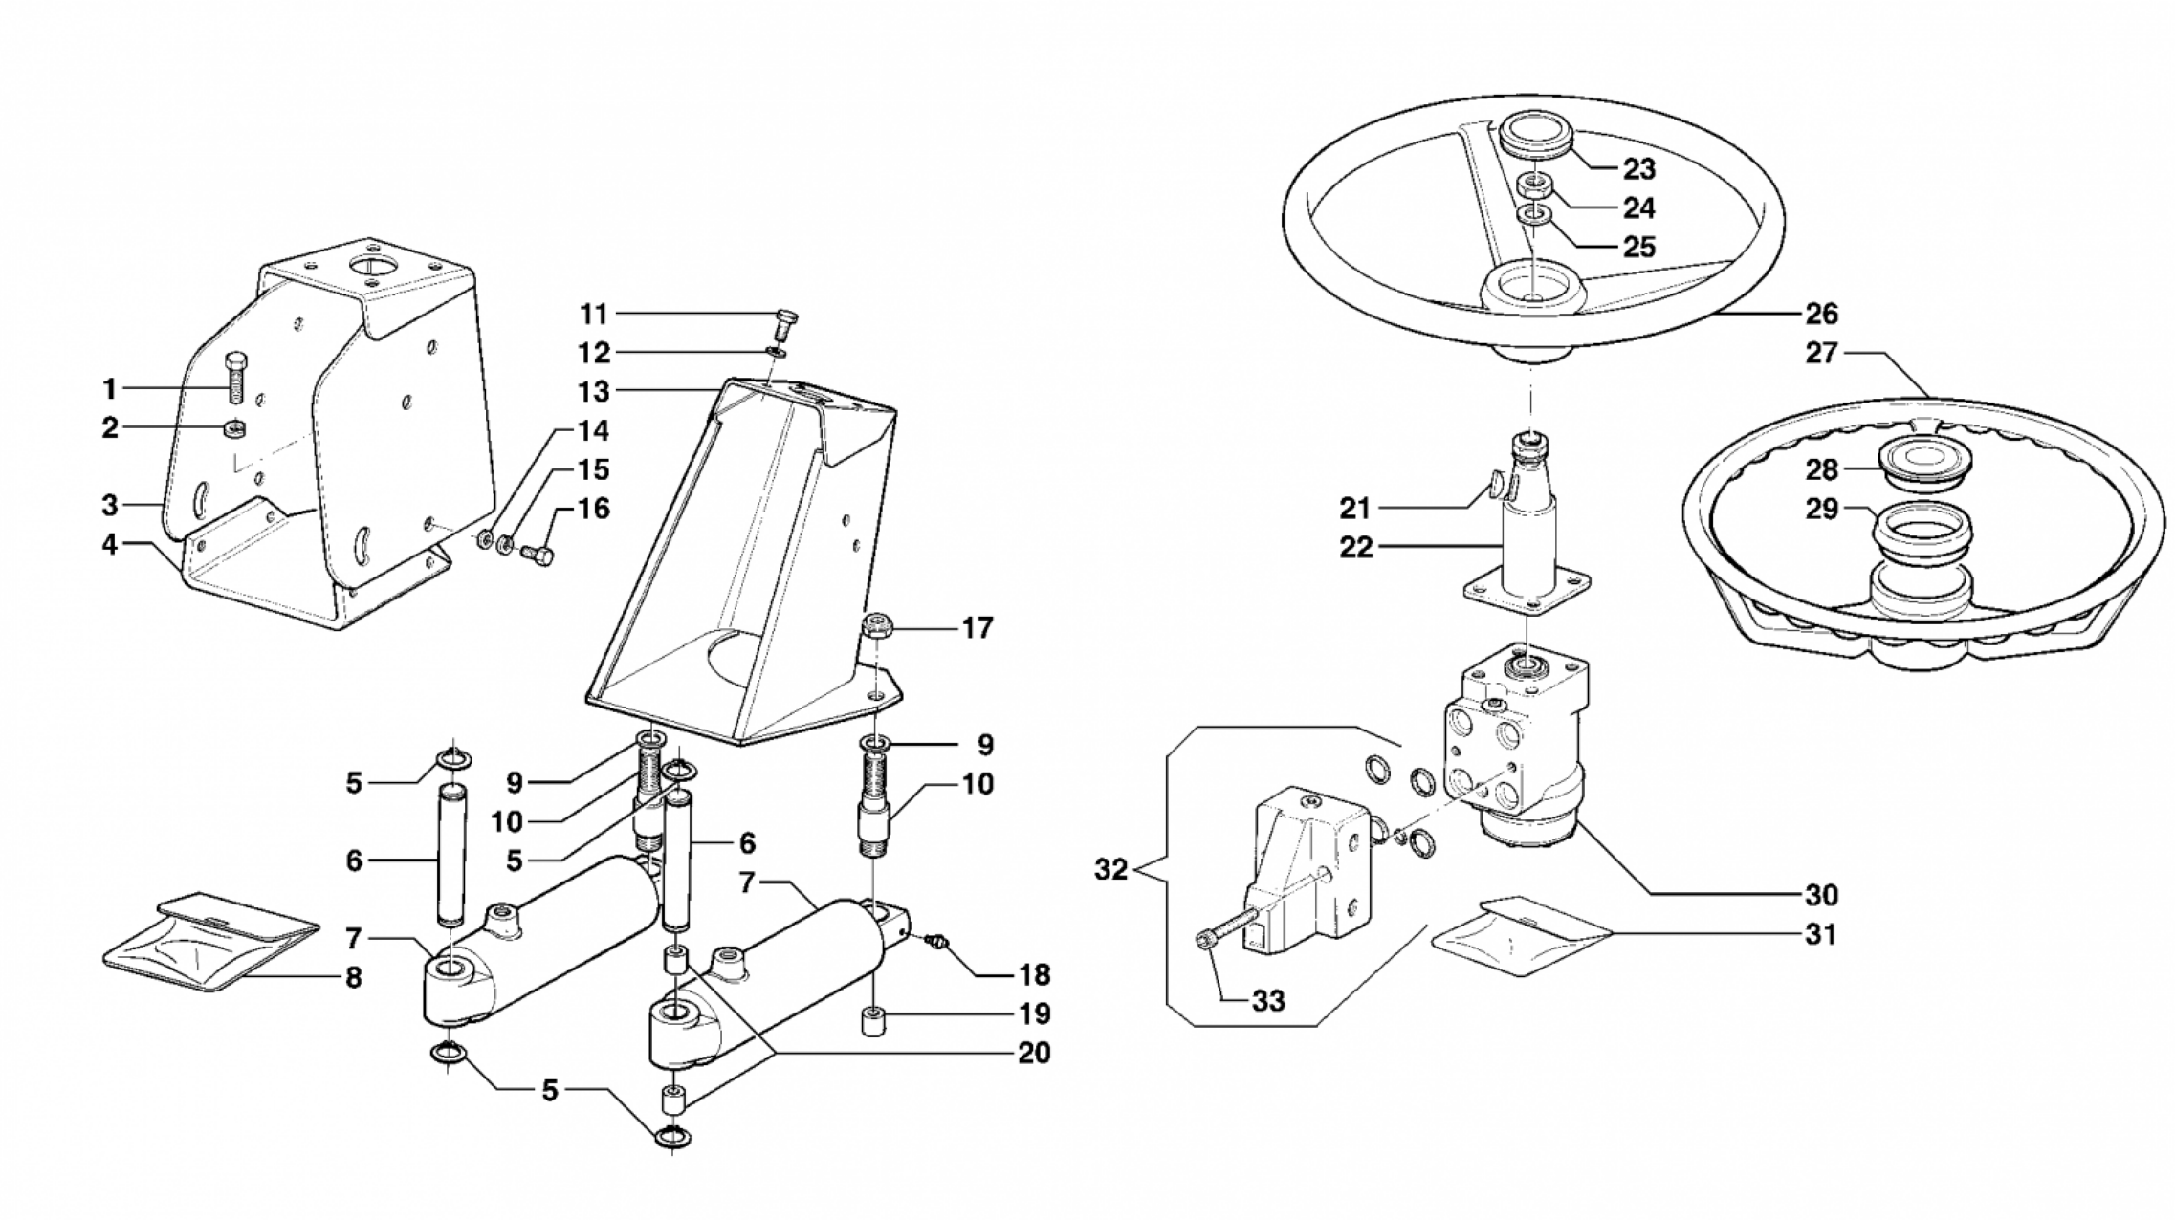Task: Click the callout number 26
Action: [1821, 313]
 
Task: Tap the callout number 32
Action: [1111, 871]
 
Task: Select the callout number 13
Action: [593, 391]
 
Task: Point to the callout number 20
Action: [1034, 1053]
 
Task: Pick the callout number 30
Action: [1821, 895]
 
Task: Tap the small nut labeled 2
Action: [232, 429]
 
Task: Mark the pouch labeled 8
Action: [210, 942]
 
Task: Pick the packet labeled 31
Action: [1523, 936]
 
